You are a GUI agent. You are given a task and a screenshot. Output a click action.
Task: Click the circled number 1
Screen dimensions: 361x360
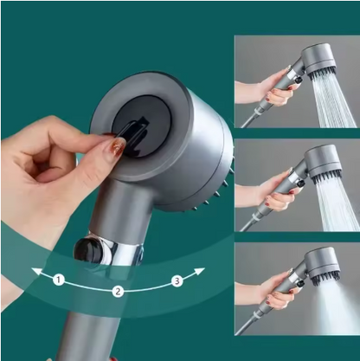click(x=57, y=280)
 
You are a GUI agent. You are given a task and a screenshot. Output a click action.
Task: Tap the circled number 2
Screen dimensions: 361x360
click(x=118, y=291)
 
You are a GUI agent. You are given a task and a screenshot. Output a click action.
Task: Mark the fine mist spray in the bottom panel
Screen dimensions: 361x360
click(x=333, y=307)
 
